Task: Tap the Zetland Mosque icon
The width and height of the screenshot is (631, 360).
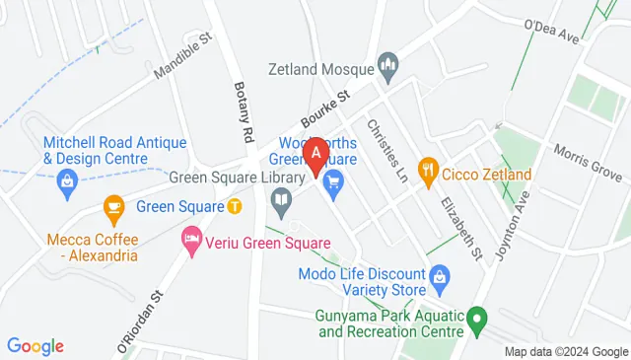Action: [389, 69]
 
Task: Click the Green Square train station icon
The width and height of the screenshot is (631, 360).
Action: [235, 206]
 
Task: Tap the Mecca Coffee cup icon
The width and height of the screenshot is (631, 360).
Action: [113, 207]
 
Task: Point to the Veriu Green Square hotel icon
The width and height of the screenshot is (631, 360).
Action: [191, 239]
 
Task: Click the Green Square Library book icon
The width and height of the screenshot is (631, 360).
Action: [281, 203]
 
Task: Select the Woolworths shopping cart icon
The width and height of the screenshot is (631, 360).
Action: [333, 180]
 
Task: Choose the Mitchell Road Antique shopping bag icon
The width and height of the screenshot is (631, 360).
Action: [68, 180]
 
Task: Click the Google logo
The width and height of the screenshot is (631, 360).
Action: [35, 346]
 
